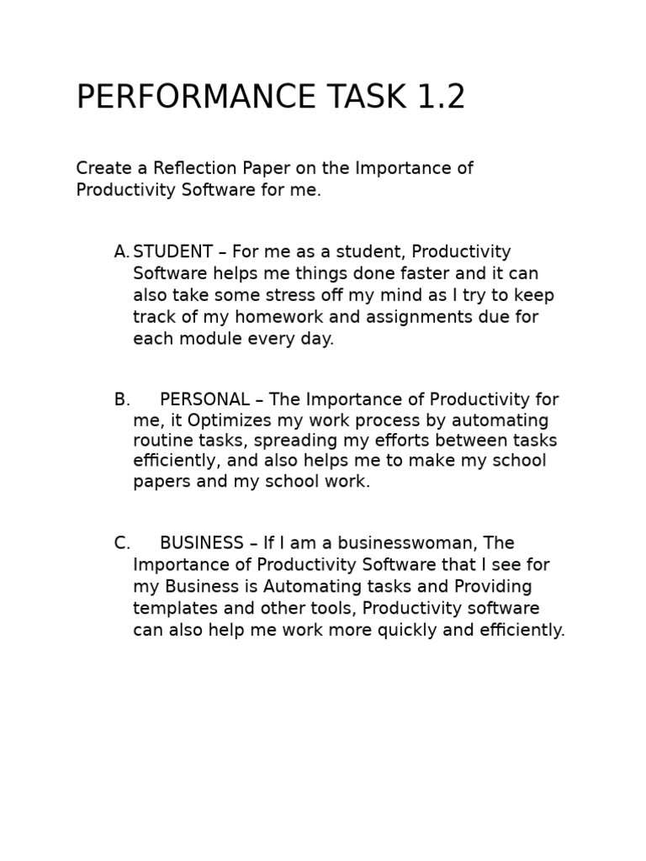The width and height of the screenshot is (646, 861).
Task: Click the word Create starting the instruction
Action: coord(102,168)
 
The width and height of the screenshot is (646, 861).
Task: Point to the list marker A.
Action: coord(122,252)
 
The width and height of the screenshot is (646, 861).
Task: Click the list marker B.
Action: coord(122,399)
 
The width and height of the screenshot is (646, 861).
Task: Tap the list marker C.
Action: coord(122,543)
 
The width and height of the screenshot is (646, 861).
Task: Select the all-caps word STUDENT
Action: coord(173,252)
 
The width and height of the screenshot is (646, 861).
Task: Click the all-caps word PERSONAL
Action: coord(204,399)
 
